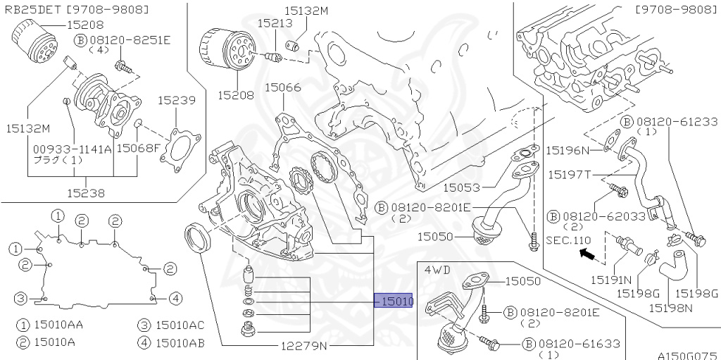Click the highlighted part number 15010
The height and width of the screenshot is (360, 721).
pyautogui.click(x=394, y=301)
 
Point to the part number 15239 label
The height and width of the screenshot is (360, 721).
pyautogui.click(x=177, y=100)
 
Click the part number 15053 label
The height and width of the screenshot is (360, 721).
pyautogui.click(x=461, y=187)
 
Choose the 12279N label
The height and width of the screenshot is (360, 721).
pyautogui.click(x=304, y=345)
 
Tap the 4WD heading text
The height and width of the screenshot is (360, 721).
pyautogui.click(x=437, y=270)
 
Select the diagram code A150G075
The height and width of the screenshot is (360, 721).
pyautogui.click(x=687, y=355)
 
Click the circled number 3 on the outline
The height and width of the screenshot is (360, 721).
pyautogui.click(x=20, y=298)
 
